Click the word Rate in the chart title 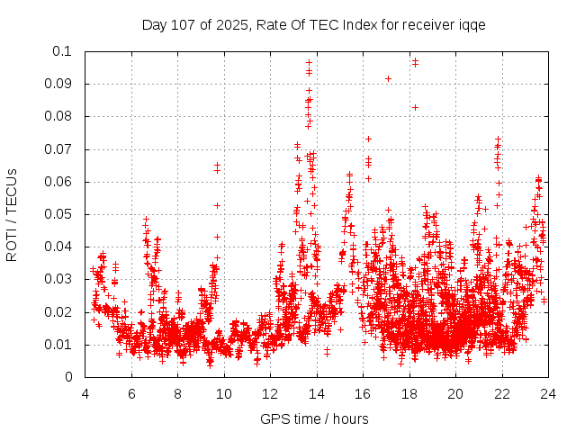[x=271, y=24]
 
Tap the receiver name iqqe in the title [x=471, y=24]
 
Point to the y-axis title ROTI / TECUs [x=12, y=214]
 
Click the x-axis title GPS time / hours [x=314, y=418]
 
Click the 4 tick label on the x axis [x=85, y=393]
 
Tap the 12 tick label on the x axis [x=270, y=393]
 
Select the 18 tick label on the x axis [x=409, y=393]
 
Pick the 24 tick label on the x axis [x=547, y=393]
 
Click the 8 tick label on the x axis [x=177, y=393]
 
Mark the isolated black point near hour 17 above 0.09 [x=388, y=78]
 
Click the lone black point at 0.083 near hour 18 [x=415, y=107]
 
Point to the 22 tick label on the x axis [x=501, y=393]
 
